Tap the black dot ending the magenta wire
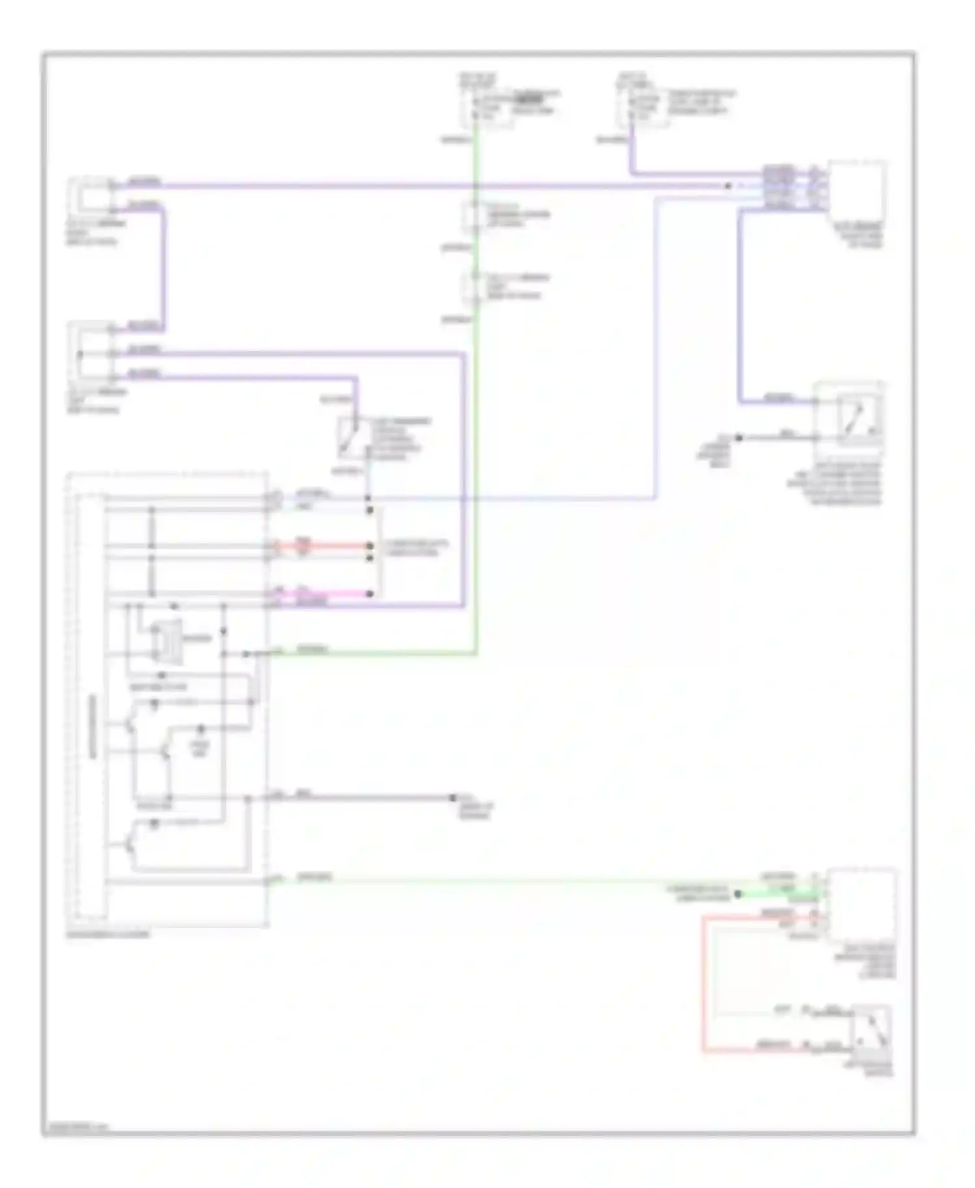click(370, 594)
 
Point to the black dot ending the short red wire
click(370, 546)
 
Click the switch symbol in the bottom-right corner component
click(874, 1033)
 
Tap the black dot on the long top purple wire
click(728, 187)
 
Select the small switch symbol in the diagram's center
click(350, 437)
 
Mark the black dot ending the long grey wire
click(454, 797)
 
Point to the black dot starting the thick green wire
click(738, 894)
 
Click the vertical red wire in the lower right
click(703, 981)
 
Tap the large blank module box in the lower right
click(862, 903)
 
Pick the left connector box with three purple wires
click(91, 351)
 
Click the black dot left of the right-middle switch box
click(738, 438)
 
